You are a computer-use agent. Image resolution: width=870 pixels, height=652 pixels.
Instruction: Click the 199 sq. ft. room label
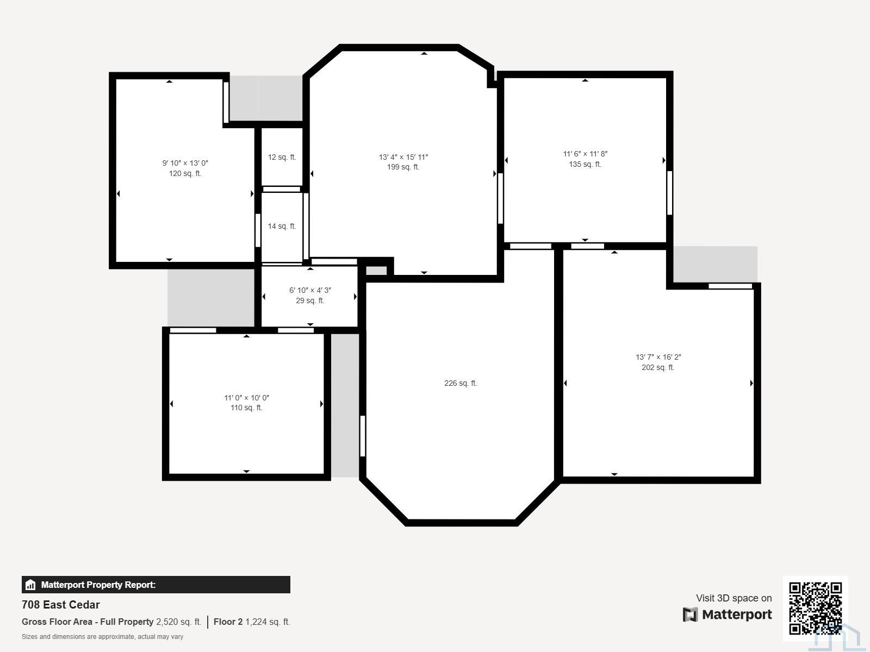(x=403, y=167)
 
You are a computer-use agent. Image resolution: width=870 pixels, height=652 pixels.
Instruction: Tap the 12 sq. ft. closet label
(x=282, y=157)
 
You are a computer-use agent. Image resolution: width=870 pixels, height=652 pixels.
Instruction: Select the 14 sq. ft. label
(x=282, y=226)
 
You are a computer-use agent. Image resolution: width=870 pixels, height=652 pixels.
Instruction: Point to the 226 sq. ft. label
(x=461, y=383)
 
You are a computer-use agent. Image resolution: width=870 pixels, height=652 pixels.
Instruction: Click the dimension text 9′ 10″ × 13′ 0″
(x=185, y=163)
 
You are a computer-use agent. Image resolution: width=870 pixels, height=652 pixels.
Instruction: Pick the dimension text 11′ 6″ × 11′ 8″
(x=585, y=154)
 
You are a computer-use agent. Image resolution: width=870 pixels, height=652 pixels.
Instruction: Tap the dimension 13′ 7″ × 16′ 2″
(x=658, y=357)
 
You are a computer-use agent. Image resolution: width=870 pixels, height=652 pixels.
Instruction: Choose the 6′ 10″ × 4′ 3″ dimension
(x=310, y=290)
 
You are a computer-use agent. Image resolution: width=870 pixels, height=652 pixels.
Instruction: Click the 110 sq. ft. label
(x=246, y=407)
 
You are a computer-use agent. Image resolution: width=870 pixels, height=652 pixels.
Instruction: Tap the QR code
(x=815, y=609)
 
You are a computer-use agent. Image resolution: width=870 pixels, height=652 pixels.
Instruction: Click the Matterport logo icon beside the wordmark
(x=690, y=615)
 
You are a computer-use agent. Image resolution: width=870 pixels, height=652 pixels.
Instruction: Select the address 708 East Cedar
(x=61, y=605)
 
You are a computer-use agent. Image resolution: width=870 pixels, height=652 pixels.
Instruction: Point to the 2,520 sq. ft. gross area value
(x=179, y=622)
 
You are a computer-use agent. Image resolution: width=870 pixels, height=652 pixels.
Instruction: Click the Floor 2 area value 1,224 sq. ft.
(x=268, y=622)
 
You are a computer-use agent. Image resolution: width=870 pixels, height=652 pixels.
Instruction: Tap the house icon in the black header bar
(x=30, y=585)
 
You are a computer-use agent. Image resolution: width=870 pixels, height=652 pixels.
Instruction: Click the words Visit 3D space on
(x=734, y=598)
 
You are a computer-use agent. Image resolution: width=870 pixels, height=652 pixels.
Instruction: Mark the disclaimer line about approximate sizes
(x=102, y=637)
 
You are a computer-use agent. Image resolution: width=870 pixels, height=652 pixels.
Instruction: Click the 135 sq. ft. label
(x=585, y=164)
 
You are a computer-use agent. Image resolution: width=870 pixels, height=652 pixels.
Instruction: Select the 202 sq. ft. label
(x=658, y=367)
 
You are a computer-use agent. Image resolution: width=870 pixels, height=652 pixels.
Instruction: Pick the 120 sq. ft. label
(x=185, y=173)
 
